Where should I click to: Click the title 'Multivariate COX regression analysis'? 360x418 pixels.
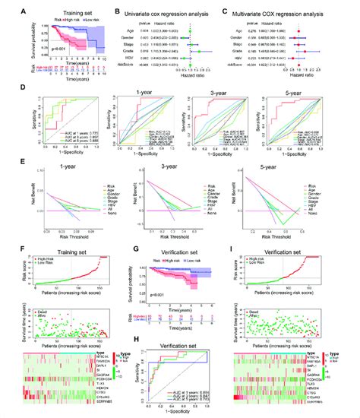tap(299, 8)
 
